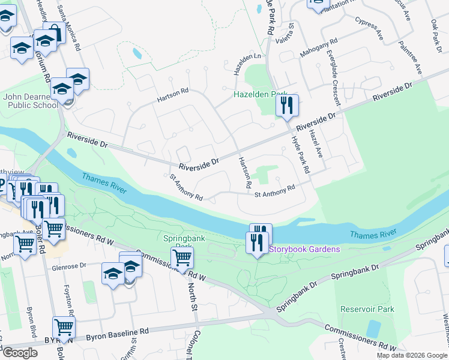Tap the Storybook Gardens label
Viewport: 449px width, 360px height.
[x=304, y=250]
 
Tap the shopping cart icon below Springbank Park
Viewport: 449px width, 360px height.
[x=182, y=258]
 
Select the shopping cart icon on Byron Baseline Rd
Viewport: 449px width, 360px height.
[x=64, y=327]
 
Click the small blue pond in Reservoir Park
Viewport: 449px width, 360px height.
[x=373, y=329]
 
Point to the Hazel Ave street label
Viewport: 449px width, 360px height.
[x=316, y=145]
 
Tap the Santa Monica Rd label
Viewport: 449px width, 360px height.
[x=68, y=26]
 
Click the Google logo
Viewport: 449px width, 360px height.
[x=20, y=353]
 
